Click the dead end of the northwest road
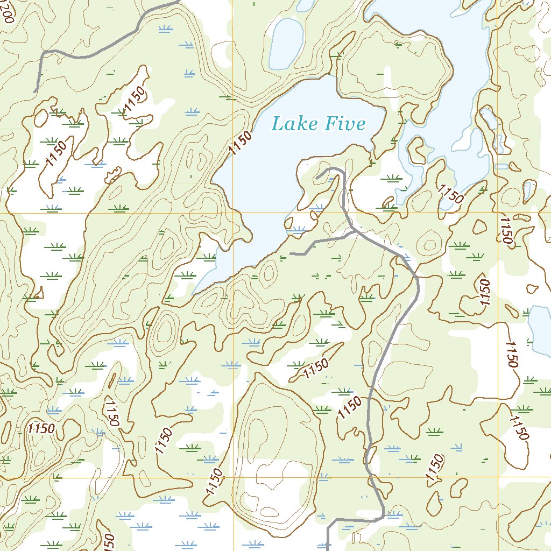36,91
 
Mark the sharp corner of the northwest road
43,52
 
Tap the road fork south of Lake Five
353,231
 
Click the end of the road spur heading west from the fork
291,253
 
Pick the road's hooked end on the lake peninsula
317,177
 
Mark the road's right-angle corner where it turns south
329,521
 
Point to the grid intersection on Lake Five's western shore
233,213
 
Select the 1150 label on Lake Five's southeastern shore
450,194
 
